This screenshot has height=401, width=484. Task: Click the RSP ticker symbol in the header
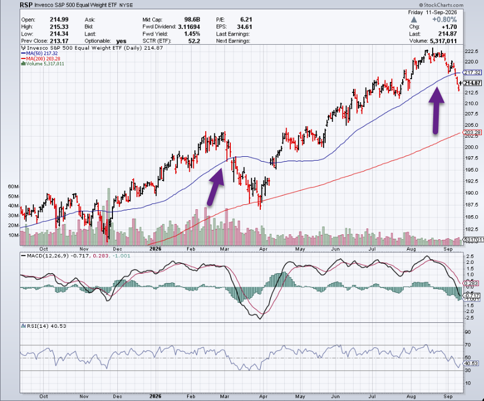(x=26, y=5)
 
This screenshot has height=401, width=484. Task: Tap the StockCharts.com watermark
(x=441, y=5)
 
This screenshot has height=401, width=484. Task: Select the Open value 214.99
(x=59, y=20)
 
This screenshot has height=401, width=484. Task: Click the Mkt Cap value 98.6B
(x=192, y=20)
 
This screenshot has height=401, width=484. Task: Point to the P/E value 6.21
(x=246, y=20)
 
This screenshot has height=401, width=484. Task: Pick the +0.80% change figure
(x=445, y=20)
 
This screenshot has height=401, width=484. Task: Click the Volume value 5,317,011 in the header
(x=443, y=41)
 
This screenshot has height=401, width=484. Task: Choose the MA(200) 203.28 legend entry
(x=41, y=58)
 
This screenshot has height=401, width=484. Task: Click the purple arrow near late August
(x=436, y=110)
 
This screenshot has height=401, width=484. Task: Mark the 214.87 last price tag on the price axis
(x=473, y=83)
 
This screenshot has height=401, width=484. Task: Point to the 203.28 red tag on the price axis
(x=473, y=133)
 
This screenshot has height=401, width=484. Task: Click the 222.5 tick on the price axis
(x=471, y=51)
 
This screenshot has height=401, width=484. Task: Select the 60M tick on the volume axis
(x=14, y=187)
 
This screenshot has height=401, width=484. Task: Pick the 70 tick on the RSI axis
(x=468, y=345)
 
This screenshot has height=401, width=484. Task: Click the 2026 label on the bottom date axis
(x=155, y=397)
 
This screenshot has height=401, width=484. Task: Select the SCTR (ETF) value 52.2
(x=194, y=41)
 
